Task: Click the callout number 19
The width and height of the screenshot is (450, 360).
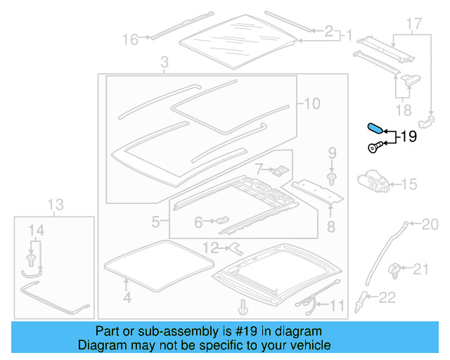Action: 408,136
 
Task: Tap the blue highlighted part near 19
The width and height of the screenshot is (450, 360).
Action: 375,129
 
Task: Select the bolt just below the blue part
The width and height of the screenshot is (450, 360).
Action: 376,147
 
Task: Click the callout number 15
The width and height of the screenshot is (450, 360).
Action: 409,185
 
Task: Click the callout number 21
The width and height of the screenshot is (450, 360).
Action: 420,268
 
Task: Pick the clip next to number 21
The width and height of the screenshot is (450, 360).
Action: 395,268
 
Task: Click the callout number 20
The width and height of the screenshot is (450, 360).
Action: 429,224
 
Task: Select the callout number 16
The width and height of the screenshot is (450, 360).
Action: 131,39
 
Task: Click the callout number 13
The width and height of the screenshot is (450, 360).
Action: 55,205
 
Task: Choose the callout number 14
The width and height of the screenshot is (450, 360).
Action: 35,229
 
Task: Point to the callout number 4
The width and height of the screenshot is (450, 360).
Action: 127,298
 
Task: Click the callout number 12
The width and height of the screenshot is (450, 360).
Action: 211,247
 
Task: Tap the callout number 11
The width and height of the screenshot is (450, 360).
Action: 338,305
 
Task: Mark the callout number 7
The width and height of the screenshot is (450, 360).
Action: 259,169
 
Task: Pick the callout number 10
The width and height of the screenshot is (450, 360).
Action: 311,104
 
